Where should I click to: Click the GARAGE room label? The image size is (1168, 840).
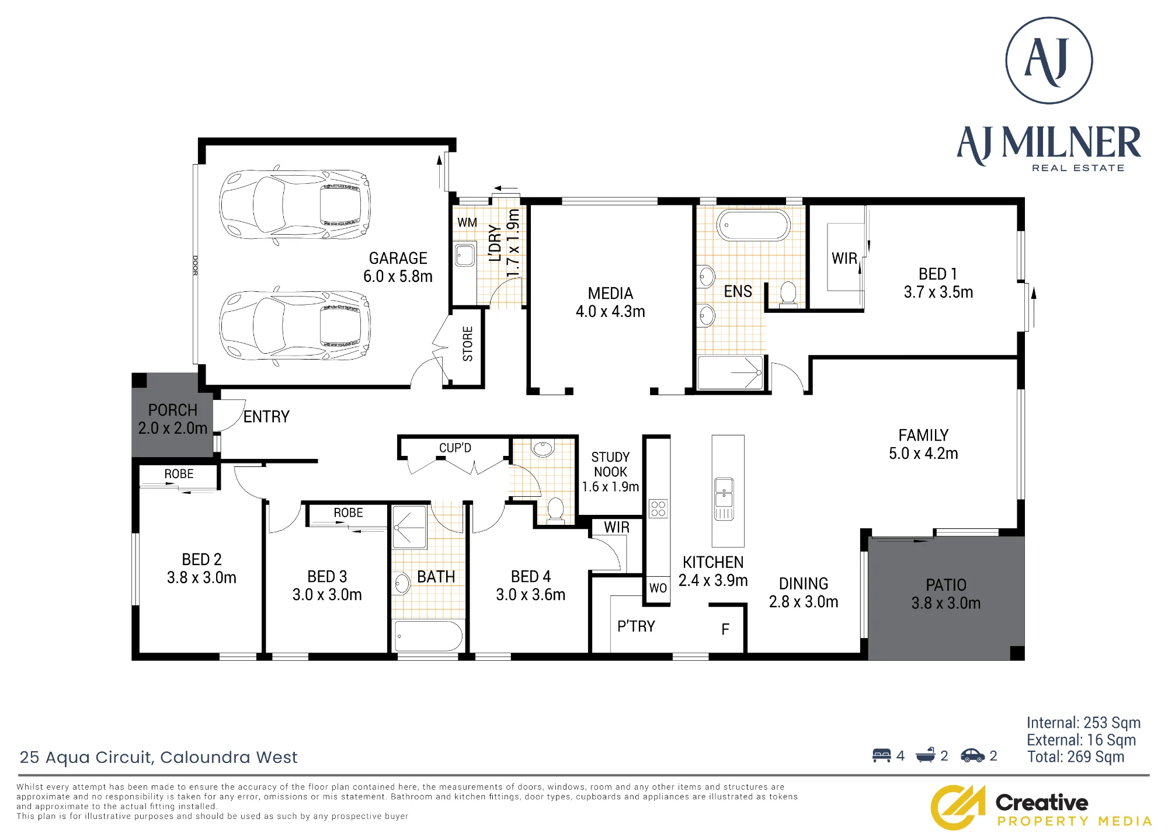click(398, 258)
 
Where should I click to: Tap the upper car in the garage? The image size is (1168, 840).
click(294, 204)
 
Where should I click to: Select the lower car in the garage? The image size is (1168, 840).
click(294, 326)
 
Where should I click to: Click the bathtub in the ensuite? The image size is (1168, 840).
click(753, 225)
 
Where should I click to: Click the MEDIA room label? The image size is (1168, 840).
click(610, 293)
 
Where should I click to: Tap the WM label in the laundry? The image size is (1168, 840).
click(467, 222)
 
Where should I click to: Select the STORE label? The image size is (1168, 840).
click(468, 344)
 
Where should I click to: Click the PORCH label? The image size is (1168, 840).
click(173, 410)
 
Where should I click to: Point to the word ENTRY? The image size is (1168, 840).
click(266, 417)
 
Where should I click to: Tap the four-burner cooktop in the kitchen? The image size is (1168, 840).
click(658, 508)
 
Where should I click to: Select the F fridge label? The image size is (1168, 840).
click(725, 629)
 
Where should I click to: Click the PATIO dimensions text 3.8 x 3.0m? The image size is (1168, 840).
click(946, 603)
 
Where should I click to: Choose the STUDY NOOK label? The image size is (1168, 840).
click(610, 464)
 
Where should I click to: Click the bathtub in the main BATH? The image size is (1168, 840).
click(429, 636)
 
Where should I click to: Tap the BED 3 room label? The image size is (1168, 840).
click(327, 577)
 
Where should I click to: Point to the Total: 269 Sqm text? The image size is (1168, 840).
click(1076, 757)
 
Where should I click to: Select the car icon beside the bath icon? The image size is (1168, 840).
click(972, 755)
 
